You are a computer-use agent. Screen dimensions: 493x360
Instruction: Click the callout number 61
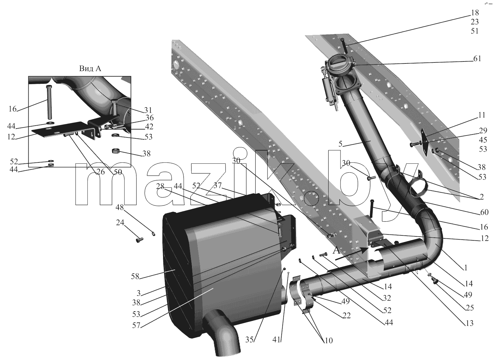[x=477, y=59]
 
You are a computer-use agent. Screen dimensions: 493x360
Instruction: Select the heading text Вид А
[x=90, y=68]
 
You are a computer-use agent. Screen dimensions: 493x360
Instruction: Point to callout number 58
[x=135, y=276]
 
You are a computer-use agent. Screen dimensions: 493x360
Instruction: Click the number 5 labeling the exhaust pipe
[x=340, y=144]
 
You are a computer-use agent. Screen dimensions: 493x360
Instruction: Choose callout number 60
[x=484, y=212]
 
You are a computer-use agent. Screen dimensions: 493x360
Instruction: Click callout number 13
[x=469, y=323]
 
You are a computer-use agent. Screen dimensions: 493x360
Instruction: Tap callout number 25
[x=470, y=308]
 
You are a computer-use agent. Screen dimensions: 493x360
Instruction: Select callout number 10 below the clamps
[x=328, y=340]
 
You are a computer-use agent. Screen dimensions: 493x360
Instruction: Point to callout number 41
[x=277, y=340]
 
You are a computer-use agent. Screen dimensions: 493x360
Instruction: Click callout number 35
[x=249, y=340]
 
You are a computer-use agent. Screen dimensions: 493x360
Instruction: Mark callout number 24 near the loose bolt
[x=120, y=223]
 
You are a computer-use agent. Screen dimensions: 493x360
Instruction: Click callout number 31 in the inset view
[x=148, y=110]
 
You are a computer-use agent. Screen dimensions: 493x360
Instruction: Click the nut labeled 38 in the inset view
[x=117, y=151]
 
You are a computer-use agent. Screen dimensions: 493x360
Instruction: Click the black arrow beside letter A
[x=353, y=254]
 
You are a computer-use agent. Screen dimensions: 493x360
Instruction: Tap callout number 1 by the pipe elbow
[x=465, y=268]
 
